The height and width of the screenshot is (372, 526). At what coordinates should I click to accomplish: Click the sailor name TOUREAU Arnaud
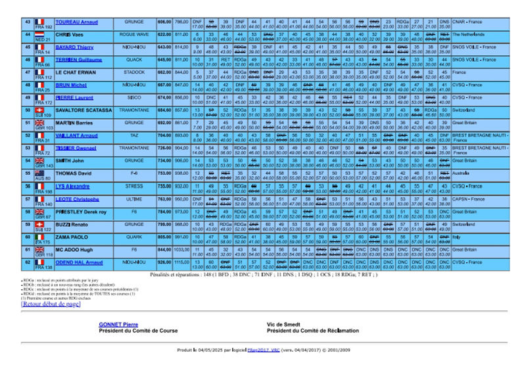click(x=76, y=22)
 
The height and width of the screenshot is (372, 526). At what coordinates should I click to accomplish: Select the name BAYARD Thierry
click(x=74, y=47)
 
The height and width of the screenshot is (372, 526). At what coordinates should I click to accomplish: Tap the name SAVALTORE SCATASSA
click(x=83, y=110)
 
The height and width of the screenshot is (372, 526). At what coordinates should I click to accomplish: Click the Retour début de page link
click(x=51, y=304)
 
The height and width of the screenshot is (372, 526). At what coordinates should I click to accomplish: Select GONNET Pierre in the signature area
click(x=118, y=325)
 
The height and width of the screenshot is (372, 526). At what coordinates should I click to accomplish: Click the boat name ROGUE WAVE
click(x=135, y=34)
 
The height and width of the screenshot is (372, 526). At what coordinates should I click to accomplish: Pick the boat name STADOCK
click(x=135, y=72)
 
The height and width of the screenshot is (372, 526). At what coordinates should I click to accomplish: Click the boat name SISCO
click(x=135, y=97)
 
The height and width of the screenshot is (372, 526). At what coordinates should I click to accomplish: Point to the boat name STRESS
click(x=135, y=186)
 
